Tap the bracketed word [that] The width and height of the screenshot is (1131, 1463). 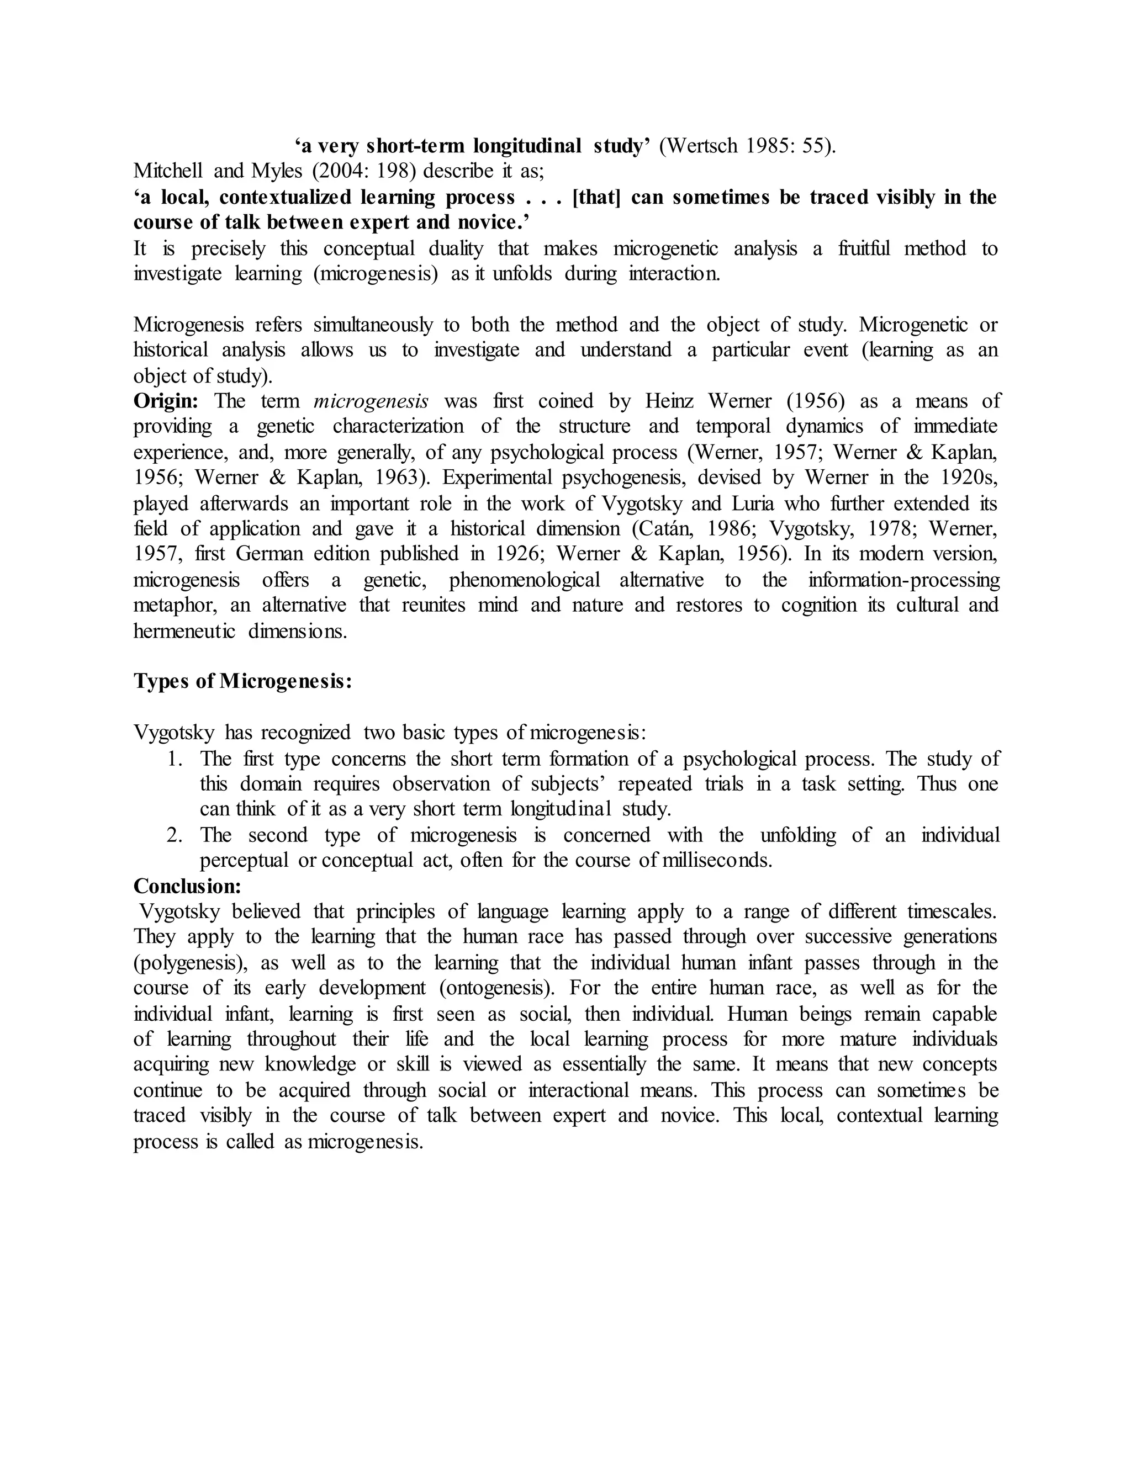(597, 197)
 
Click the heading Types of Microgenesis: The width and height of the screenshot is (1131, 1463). (242, 681)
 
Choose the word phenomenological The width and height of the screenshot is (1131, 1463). (525, 580)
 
